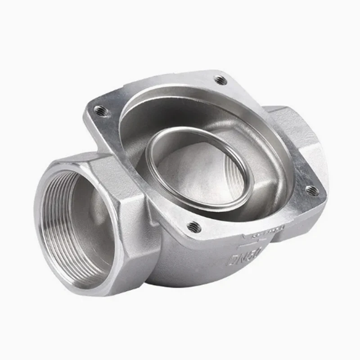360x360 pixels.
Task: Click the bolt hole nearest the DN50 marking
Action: pos(194,227)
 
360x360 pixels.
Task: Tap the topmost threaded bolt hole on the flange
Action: pos(220,80)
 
